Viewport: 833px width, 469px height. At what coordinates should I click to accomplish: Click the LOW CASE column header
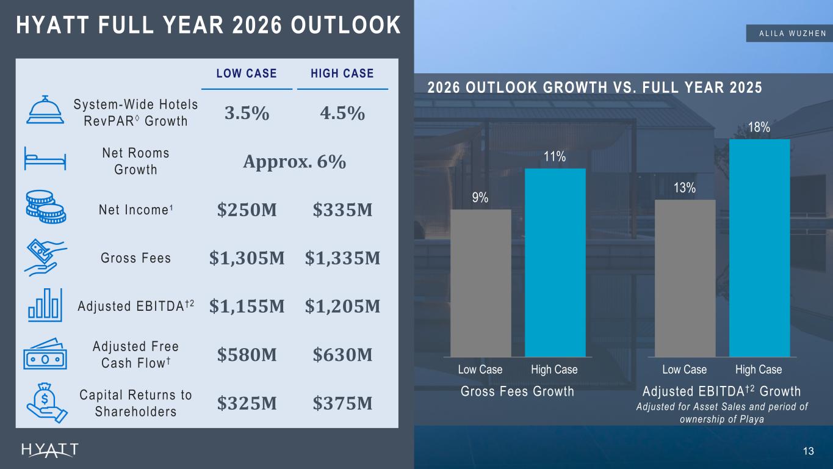247,73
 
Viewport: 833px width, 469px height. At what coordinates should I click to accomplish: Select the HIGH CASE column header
342,73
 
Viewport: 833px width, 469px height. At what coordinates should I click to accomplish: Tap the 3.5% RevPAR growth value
247,113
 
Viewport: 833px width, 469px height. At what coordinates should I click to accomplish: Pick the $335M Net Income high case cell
342,209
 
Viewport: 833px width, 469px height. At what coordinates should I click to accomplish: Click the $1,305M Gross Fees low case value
247,258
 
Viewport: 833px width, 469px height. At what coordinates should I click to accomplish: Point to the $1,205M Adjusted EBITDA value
342,307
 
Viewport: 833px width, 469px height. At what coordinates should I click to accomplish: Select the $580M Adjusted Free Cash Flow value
247,355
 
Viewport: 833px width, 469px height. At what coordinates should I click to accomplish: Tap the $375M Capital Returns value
342,403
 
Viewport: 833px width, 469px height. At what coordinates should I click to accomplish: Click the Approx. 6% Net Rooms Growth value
295,162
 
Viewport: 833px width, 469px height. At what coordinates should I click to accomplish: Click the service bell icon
45,109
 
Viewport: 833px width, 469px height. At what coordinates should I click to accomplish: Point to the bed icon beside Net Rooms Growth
45,159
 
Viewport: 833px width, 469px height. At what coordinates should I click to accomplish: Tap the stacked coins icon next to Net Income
46,207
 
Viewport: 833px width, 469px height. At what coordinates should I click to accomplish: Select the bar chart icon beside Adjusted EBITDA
45,305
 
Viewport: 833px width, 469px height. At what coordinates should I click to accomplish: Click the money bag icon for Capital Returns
47,403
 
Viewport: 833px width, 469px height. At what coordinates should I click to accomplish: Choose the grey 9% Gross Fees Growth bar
480,283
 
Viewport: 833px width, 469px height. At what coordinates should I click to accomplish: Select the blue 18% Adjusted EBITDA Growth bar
759,249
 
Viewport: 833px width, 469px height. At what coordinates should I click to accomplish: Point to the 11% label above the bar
555,157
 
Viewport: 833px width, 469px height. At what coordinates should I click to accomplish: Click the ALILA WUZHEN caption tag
789,34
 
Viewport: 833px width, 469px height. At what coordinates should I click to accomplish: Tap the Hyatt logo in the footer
50,450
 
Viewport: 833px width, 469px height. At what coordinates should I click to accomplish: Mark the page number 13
809,451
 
